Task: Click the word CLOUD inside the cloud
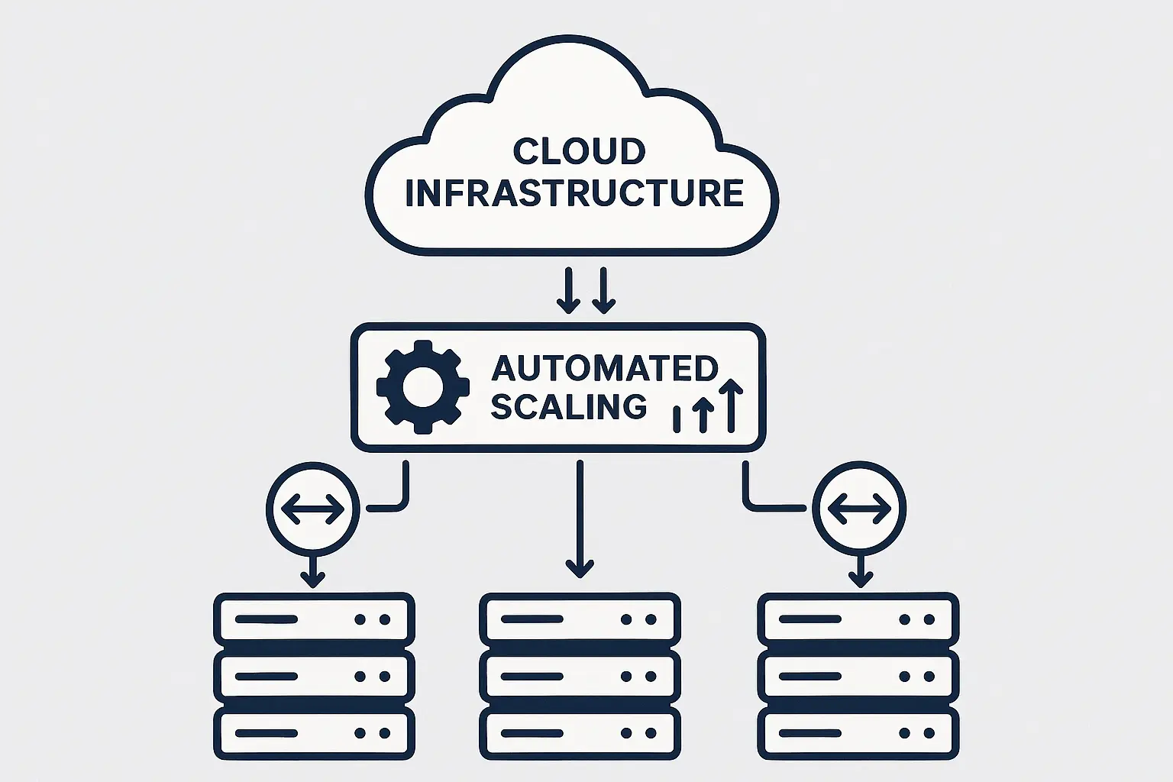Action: (579, 151)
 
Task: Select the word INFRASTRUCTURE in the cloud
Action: (574, 192)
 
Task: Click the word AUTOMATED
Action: (604, 369)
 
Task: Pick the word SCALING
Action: (568, 406)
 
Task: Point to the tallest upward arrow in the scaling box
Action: (731, 405)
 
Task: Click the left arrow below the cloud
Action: (567, 290)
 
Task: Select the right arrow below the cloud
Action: (603, 290)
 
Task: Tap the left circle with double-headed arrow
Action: (312, 509)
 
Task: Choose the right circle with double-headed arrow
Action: (859, 509)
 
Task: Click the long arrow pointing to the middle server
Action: (580, 519)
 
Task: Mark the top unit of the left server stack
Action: (314, 619)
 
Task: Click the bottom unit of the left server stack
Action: (314, 733)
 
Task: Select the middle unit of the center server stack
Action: (580, 677)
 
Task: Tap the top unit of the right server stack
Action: (858, 619)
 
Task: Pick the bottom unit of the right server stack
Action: (858, 733)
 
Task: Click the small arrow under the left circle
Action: (312, 571)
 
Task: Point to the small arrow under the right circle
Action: (861, 571)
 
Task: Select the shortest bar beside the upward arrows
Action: (677, 419)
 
